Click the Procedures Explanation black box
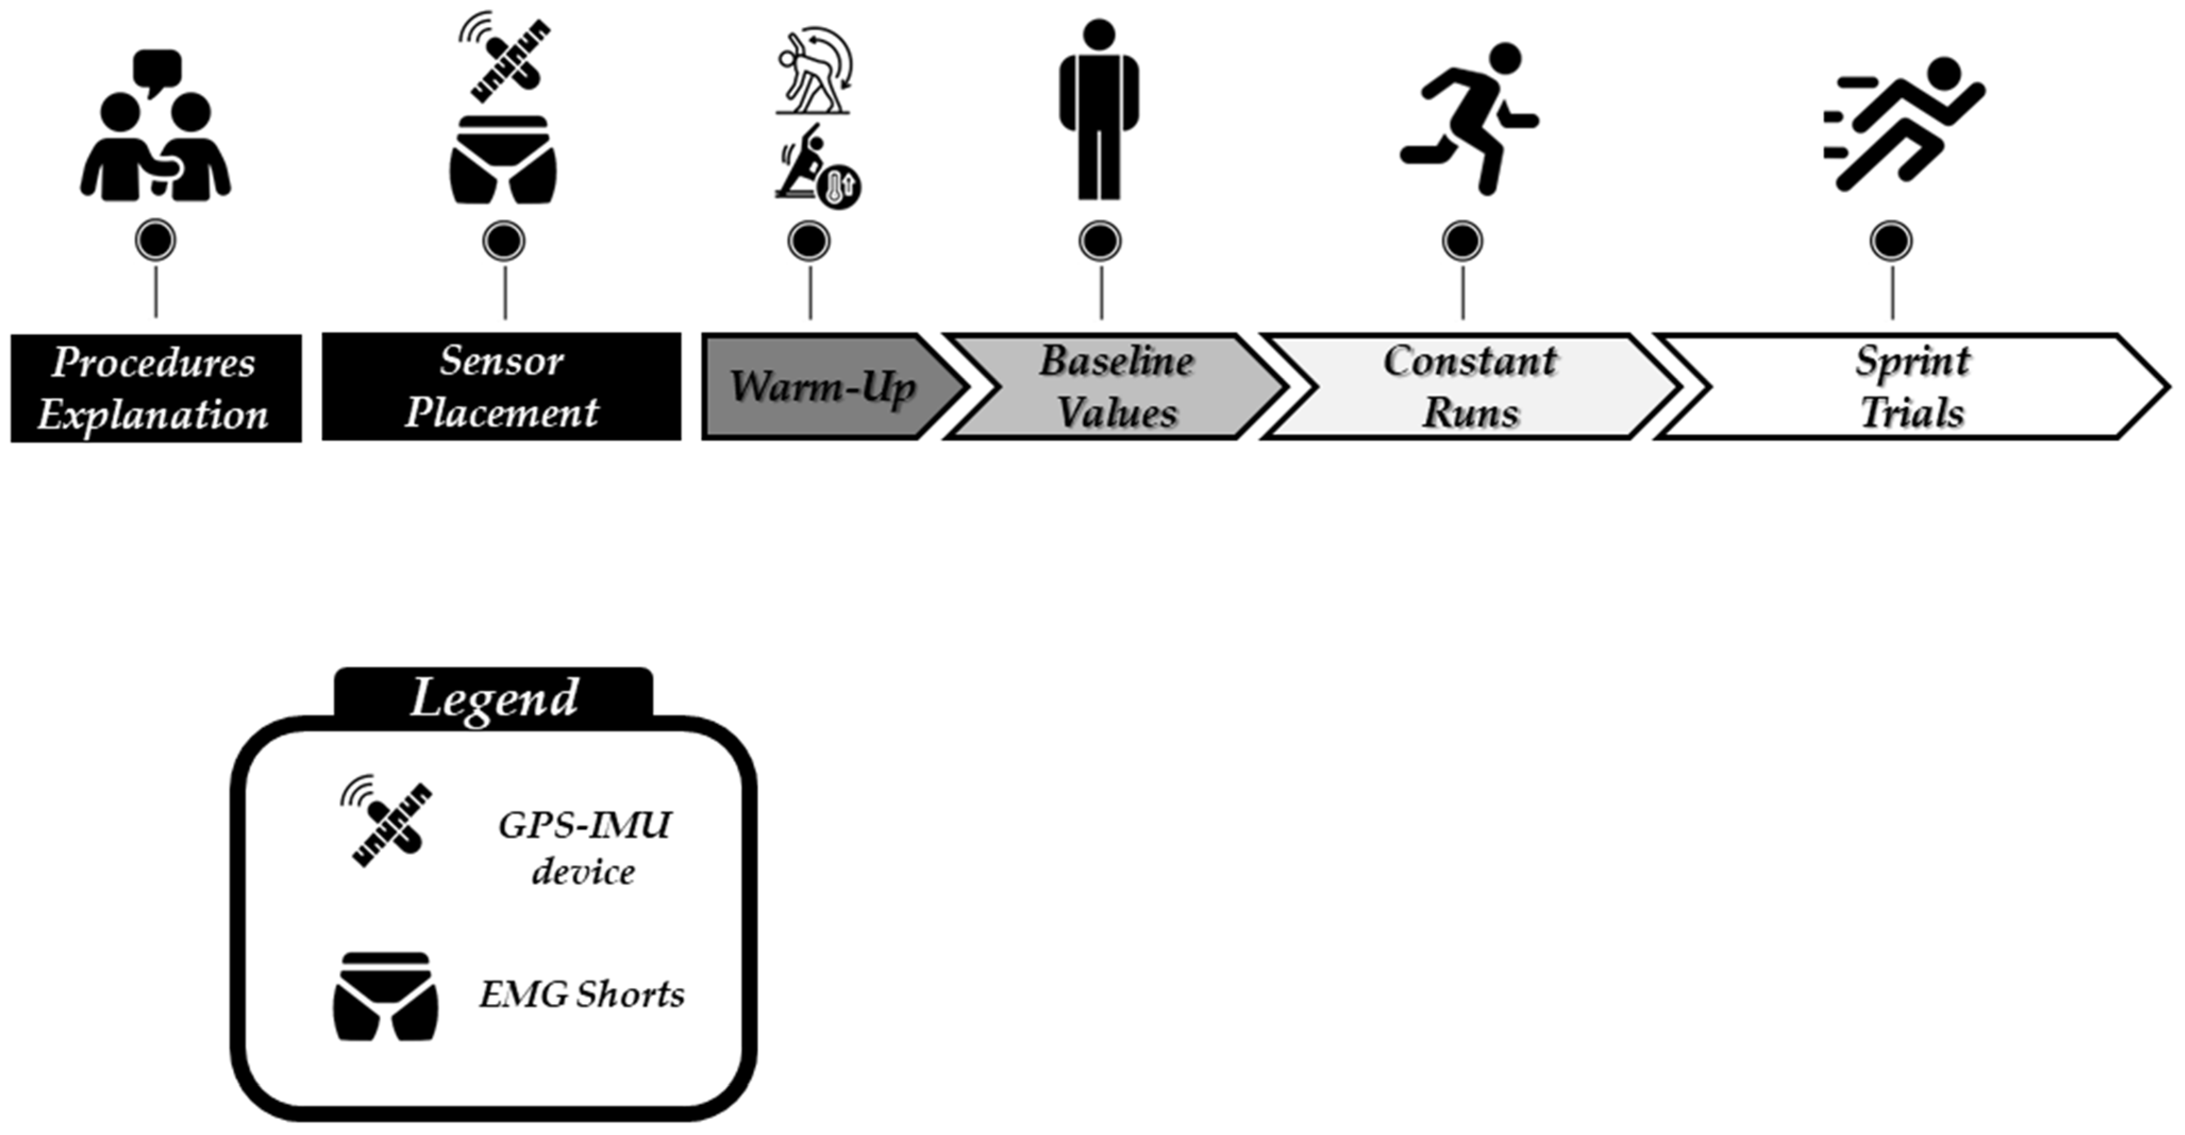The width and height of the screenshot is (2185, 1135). tap(156, 388)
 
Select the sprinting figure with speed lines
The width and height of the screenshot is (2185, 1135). tap(1909, 123)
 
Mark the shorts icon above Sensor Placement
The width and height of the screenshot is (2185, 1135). tap(503, 161)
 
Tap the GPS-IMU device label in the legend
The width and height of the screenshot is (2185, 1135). tap(584, 847)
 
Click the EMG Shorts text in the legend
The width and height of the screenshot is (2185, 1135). tap(582, 994)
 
